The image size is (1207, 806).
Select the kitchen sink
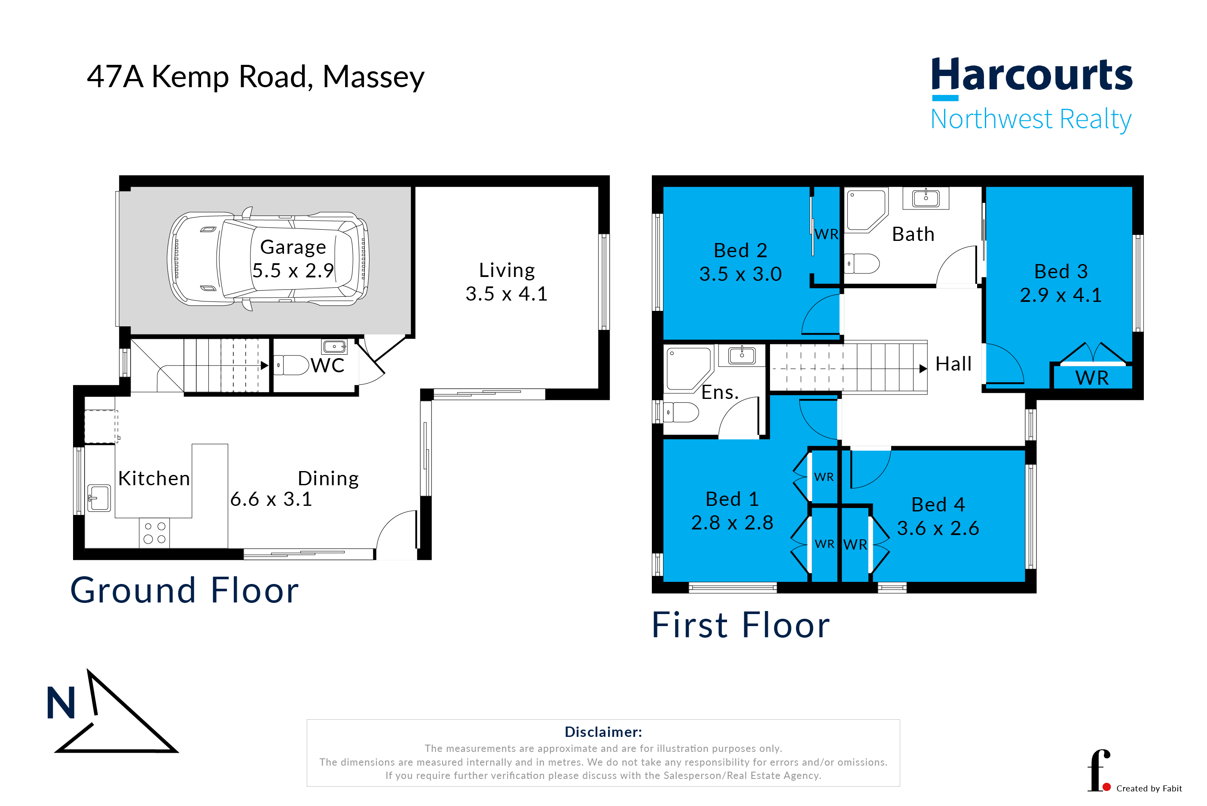point(99,498)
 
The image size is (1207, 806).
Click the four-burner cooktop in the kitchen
point(154,532)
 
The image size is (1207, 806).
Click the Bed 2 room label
point(740,250)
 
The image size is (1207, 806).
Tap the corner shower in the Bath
point(867,210)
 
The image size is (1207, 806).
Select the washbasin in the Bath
point(925,198)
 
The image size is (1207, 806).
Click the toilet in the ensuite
point(681,412)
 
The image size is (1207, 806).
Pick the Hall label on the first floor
point(953,364)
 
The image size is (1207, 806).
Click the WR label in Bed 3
point(1091,378)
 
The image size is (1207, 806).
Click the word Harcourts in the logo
point(1032,75)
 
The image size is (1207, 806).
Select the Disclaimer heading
point(603,732)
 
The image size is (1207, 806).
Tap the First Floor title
point(740,625)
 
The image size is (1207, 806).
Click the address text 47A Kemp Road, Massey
point(256,77)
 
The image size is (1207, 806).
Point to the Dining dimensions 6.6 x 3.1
point(271,499)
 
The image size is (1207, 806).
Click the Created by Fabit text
point(1149,788)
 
